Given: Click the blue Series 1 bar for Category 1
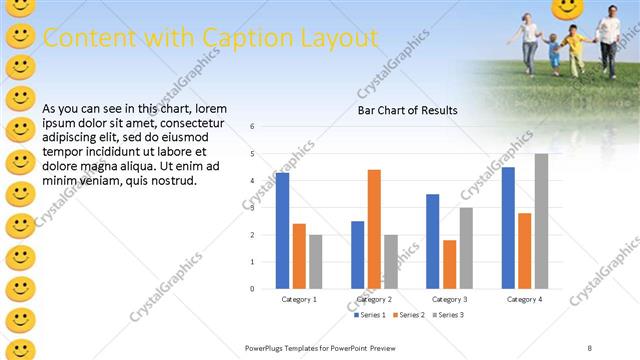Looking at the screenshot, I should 283,230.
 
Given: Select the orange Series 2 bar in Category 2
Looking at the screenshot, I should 374,229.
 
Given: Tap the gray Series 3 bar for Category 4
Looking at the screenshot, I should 541,221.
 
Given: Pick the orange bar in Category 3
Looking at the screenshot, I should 450,264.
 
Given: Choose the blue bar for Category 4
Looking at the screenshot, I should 508,228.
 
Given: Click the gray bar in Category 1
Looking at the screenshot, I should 316,261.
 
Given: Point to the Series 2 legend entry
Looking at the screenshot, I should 412,315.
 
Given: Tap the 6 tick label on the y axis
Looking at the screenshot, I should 253,127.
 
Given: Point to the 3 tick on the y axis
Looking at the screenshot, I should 253,208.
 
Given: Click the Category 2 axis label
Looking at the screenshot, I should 374,299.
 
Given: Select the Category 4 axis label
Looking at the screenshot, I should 524,299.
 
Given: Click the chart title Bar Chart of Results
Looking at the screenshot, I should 408,110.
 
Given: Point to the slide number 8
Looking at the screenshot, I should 590,347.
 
